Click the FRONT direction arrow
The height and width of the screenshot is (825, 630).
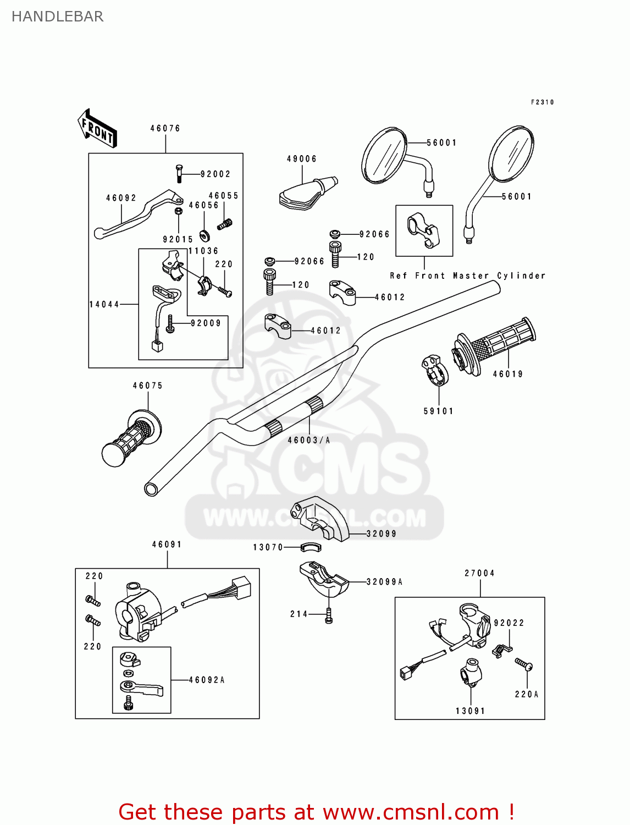tap(97, 129)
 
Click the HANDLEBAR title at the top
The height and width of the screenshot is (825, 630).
tap(57, 16)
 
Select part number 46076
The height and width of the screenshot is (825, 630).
tap(165, 128)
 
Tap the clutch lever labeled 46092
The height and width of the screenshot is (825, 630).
tap(137, 213)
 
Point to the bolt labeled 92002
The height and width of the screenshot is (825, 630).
tap(179, 173)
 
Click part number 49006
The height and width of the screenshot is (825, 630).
tap(301, 159)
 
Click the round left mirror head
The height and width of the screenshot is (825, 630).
tap(384, 155)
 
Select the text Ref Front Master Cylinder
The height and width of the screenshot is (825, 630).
tap(467, 276)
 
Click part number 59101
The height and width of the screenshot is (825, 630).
tap(438, 411)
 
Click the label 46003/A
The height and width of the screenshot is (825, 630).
tap(309, 440)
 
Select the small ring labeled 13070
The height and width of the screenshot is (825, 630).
tap(311, 547)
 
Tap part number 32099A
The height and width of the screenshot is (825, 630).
tap(384, 581)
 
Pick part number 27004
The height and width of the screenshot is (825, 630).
tap(479, 573)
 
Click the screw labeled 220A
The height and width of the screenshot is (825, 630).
tap(523, 664)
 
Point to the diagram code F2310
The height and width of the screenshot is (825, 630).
tap(542, 102)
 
